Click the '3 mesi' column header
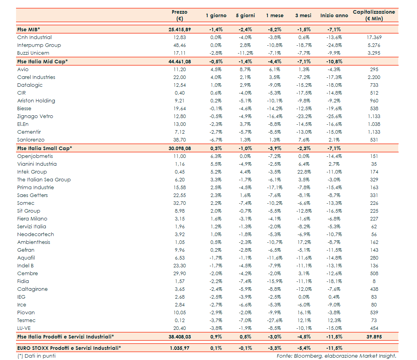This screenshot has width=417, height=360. (303, 16)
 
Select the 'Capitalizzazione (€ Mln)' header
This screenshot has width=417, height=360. (374, 15)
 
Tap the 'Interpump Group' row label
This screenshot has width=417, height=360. (39, 45)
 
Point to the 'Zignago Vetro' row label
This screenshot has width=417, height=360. (35, 116)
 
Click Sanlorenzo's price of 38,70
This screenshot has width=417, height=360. (180, 140)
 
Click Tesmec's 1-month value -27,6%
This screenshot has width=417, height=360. (275, 321)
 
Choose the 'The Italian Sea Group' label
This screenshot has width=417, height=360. (44, 180)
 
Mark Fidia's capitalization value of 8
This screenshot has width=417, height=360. (374, 281)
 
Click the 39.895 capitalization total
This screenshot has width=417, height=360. (374, 337)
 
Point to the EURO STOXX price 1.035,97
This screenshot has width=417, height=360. (180, 348)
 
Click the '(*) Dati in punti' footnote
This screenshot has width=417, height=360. (36, 356)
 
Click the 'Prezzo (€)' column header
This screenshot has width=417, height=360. (180, 15)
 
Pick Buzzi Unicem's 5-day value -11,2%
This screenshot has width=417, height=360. (245, 53)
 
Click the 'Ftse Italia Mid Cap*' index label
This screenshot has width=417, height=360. (43, 61)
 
